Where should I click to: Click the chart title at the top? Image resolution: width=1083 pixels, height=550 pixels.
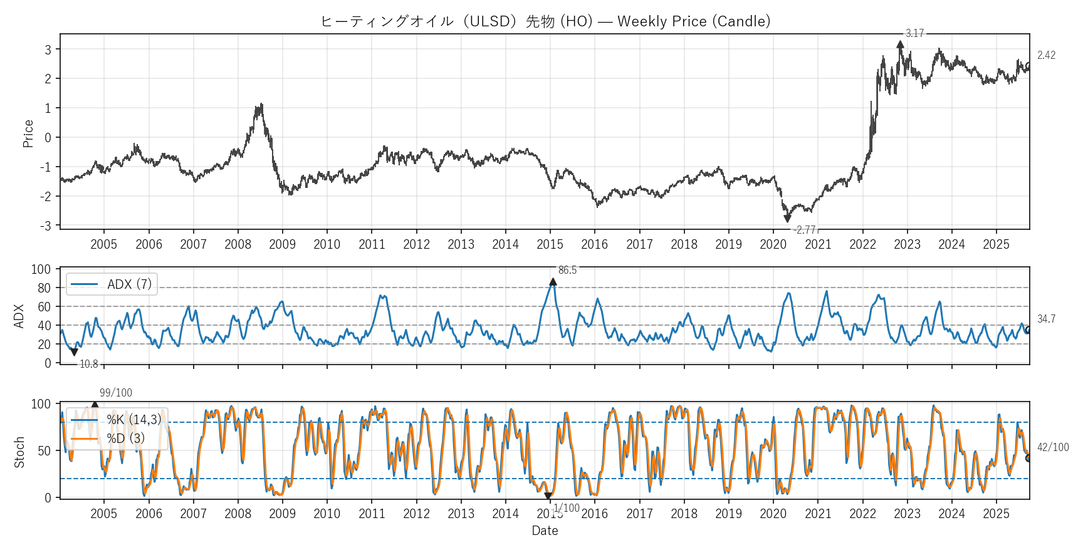pos(545,21)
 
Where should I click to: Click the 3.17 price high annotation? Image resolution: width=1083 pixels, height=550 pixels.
pos(914,33)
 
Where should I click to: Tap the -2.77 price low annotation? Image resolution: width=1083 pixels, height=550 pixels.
pos(804,230)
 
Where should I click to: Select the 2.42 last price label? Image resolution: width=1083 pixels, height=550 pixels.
pos(1046,55)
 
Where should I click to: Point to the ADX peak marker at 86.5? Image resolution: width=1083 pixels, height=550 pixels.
pos(553,282)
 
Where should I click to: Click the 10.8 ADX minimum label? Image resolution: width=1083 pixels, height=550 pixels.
pos(88,364)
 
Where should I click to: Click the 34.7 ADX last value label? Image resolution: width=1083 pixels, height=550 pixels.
pos(1046,319)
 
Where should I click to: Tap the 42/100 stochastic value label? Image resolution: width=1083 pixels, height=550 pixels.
pos(1053,447)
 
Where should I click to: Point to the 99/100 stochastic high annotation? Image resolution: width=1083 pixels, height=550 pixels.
pos(116,393)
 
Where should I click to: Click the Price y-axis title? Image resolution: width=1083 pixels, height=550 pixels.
pos(28,133)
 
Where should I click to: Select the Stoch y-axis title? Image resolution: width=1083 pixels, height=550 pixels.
pos(19,452)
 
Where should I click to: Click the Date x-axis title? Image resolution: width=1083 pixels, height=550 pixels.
pos(545,531)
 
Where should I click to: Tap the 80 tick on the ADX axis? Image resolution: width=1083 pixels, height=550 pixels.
pos(44,288)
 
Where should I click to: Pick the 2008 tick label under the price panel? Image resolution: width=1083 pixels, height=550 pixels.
pos(238,244)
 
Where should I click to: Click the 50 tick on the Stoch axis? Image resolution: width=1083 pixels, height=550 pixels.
pos(44,451)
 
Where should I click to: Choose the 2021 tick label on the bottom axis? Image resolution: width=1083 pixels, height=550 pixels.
pos(818,514)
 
